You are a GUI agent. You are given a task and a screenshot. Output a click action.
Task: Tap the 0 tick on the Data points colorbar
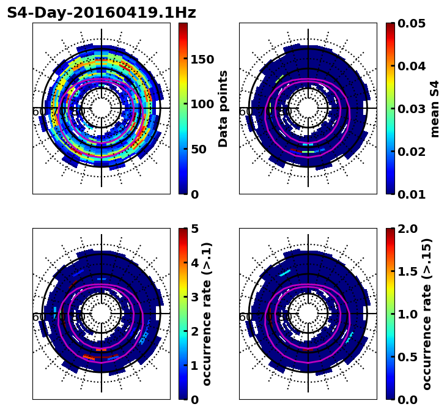(195, 194)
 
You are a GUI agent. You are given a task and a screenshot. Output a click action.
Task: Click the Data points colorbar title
(224, 109)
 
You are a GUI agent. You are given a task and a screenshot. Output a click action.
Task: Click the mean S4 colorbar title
(435, 109)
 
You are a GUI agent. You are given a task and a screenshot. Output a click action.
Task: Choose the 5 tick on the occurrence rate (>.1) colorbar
(195, 229)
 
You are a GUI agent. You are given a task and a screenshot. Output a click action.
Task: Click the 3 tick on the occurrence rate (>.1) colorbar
(195, 297)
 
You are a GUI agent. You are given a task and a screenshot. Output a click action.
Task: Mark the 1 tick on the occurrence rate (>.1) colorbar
(195, 366)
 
